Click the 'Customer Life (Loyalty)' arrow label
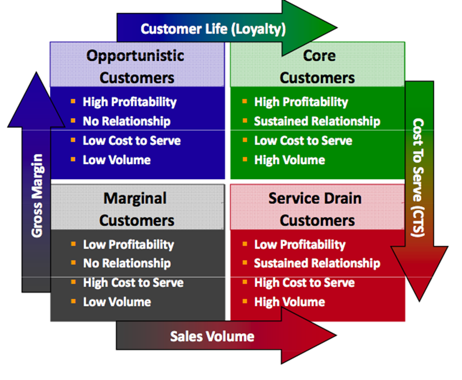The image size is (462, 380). (x=213, y=28)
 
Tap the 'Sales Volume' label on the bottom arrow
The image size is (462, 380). (x=212, y=336)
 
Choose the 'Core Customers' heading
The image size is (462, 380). (x=317, y=66)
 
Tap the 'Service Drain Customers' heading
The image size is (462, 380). (x=317, y=209)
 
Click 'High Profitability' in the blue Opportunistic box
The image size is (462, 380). (x=129, y=102)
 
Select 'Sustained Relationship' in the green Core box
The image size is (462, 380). (x=317, y=121)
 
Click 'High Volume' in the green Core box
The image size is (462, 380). (x=289, y=160)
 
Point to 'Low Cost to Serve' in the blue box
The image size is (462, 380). (x=131, y=141)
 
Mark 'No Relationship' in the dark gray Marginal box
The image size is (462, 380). (x=126, y=263)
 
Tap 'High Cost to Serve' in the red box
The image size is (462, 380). (x=304, y=283)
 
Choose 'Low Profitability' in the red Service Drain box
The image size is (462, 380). (x=299, y=244)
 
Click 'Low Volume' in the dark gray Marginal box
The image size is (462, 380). (x=117, y=302)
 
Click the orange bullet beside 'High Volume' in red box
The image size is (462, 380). (x=245, y=302)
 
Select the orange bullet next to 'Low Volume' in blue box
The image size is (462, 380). (x=73, y=160)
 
